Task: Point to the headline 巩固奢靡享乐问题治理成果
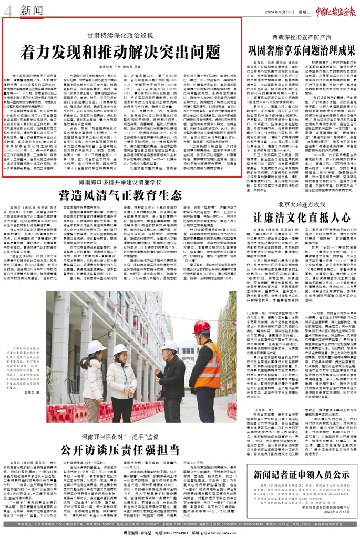300,51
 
